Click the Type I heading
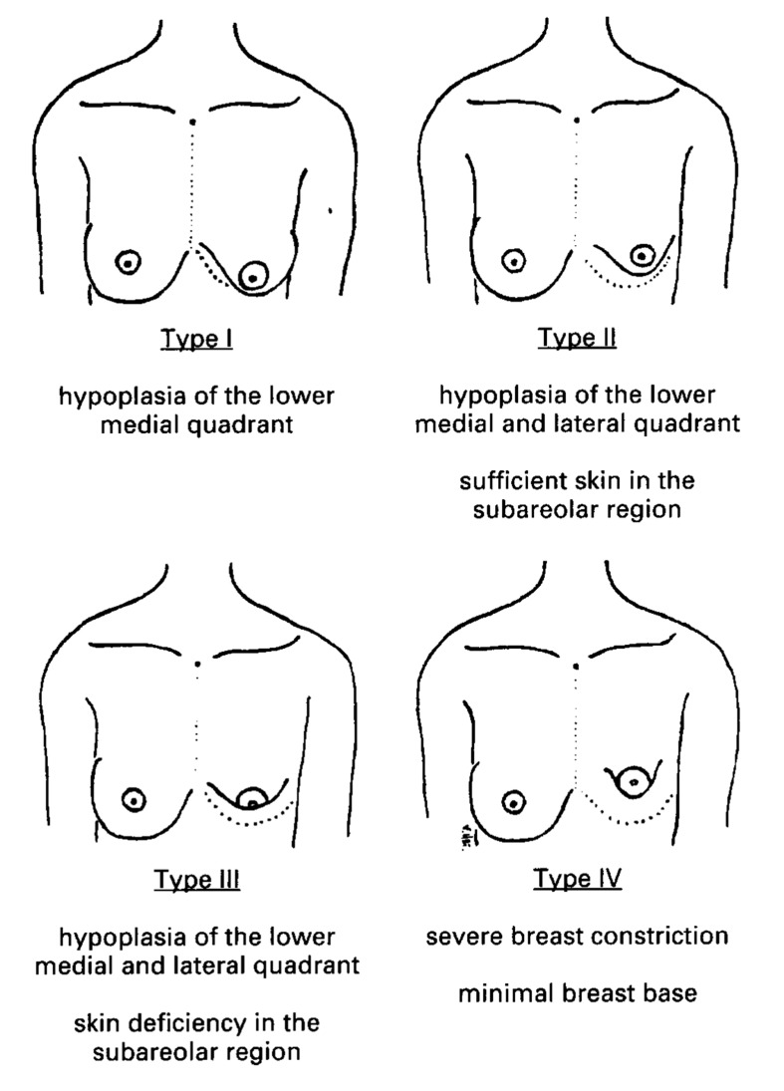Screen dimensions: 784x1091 click(x=196, y=339)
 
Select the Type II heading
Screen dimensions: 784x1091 click(x=577, y=338)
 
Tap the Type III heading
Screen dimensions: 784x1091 click(x=197, y=880)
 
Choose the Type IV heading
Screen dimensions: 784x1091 click(x=578, y=878)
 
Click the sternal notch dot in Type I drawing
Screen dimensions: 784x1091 click(x=192, y=122)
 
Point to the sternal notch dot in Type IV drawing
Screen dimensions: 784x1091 click(x=577, y=666)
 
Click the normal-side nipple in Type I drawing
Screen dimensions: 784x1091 click(x=130, y=262)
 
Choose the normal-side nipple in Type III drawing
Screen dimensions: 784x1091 click(x=134, y=800)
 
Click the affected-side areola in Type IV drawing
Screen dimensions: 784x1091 click(x=633, y=767)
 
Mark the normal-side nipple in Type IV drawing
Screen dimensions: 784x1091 click(x=513, y=802)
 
